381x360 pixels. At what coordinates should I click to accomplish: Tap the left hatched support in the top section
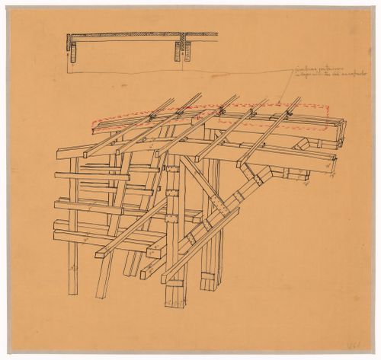pos(74,51)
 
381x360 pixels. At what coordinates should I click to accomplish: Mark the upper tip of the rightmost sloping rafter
pos(298,98)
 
